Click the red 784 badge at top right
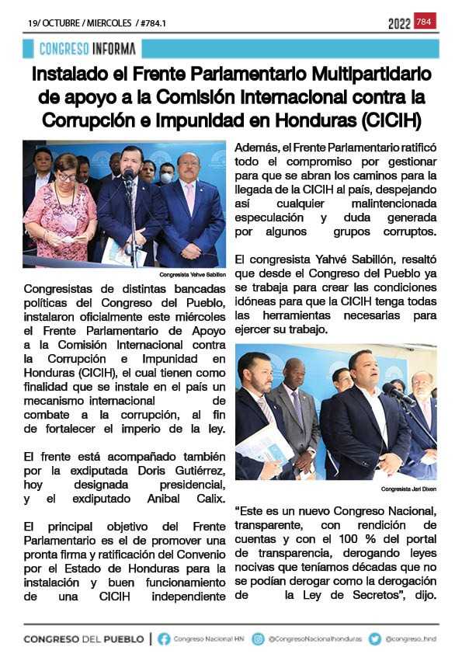point(426,21)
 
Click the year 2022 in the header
point(399,23)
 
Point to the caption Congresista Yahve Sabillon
point(192,275)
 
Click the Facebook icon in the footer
point(164,638)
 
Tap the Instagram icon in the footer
point(258,638)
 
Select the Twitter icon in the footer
point(375,638)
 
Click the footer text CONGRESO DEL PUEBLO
point(84,638)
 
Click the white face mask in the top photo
point(165,177)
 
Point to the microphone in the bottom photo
point(391,391)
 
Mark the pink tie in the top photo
point(189,198)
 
